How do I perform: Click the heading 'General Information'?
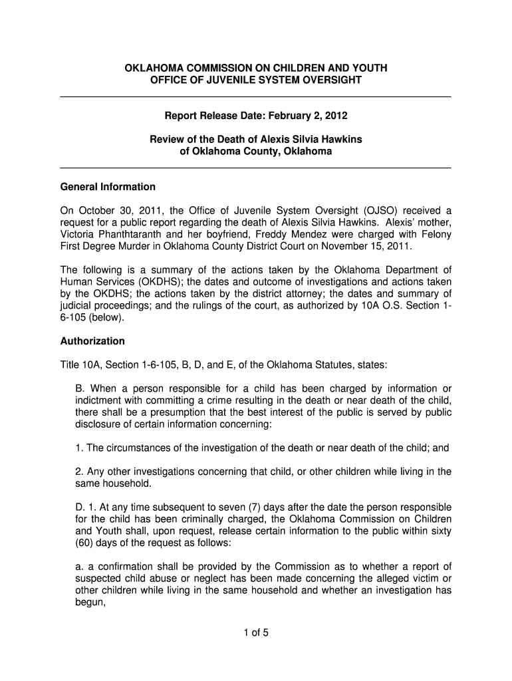[108, 186]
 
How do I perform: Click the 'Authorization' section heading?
[92, 341]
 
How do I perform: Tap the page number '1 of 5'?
[256, 632]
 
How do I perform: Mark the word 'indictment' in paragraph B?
[98, 400]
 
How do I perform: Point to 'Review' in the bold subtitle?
[166, 140]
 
